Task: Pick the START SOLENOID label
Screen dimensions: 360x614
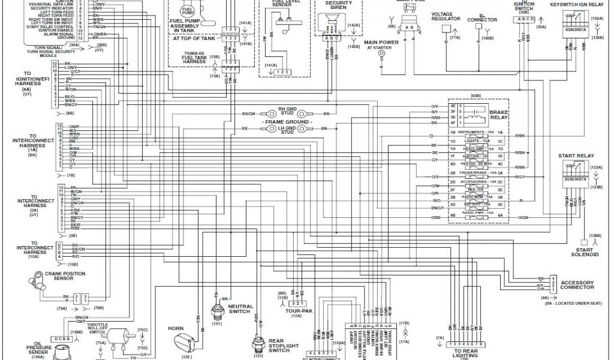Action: (588, 252)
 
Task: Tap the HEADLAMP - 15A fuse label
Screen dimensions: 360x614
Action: (478, 148)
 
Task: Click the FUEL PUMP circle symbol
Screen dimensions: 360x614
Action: (187, 11)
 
